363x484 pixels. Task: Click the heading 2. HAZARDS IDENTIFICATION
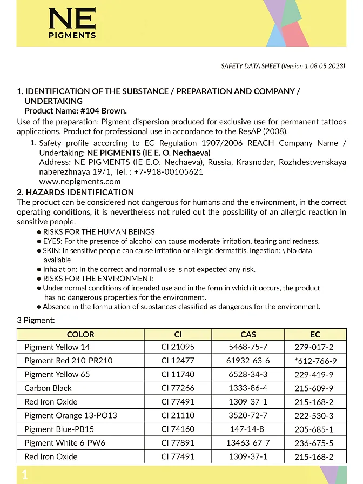click(75, 192)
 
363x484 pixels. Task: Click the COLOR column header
click(80, 334)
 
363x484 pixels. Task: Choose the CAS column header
click(248, 334)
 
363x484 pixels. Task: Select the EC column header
click(315, 334)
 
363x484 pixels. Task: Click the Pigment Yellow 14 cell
click(57, 347)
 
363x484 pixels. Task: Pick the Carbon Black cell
click(48, 388)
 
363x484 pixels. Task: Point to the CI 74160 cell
click(178, 429)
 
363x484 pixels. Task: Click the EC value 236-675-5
click(314, 443)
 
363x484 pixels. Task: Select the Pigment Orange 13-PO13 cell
click(71, 415)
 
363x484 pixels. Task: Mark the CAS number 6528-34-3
click(248, 374)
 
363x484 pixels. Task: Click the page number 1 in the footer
click(24, 475)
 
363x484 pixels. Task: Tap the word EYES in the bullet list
click(52, 241)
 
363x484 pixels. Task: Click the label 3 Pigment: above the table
click(36, 321)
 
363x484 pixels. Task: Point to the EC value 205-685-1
click(314, 429)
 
